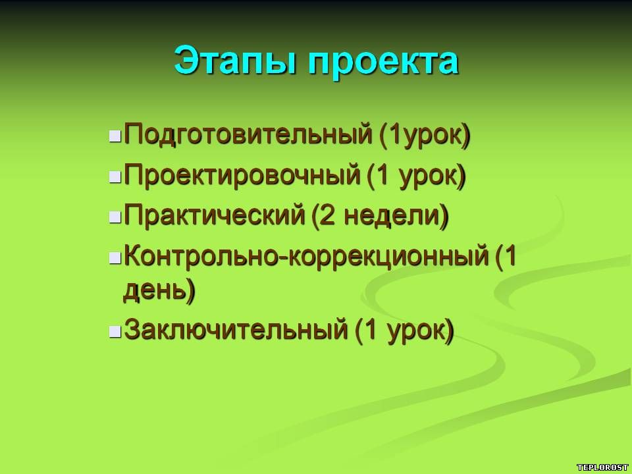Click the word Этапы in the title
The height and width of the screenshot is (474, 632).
point(234,61)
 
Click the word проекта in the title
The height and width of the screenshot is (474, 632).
point(383,63)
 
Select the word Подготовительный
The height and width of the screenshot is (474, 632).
point(248,134)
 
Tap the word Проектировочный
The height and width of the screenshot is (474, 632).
point(242,175)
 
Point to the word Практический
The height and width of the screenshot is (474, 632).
point(215,215)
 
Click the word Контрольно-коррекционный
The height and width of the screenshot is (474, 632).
point(306,256)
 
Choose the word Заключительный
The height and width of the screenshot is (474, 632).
point(236,330)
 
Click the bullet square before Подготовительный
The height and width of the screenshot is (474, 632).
point(115,136)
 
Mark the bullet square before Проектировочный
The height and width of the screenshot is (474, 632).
point(115,176)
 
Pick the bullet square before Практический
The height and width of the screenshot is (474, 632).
point(115,217)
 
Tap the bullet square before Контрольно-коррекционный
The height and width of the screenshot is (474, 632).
point(115,257)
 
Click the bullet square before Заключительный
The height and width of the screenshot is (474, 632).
point(115,331)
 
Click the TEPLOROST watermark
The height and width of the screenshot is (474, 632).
point(602,467)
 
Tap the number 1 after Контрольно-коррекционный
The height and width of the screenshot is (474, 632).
point(510,255)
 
